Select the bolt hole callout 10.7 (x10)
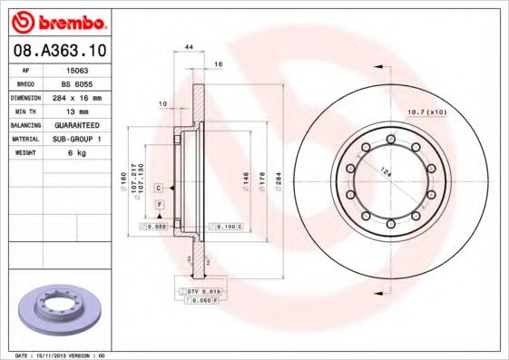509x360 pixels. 427,112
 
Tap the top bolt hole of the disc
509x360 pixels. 390,139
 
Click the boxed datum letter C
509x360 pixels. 159,188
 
